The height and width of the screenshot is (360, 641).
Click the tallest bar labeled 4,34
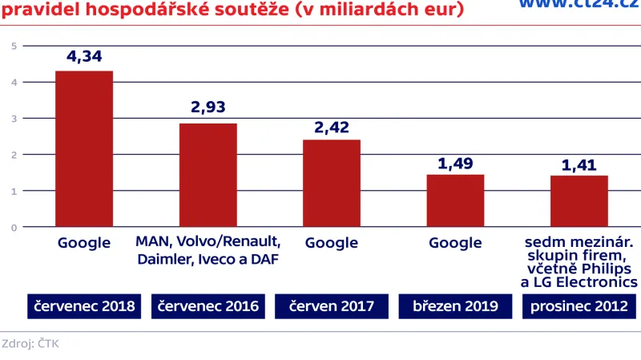[x=84, y=149]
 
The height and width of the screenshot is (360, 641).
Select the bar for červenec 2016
[x=208, y=175]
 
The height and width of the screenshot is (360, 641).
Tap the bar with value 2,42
[x=331, y=183]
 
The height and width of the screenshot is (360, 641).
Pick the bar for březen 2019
[x=455, y=200]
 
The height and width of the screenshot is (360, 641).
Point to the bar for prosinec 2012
[x=579, y=201]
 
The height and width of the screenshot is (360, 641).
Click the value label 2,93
[x=208, y=107]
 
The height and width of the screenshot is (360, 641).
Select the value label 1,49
[x=455, y=163]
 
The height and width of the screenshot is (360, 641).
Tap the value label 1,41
[x=579, y=165]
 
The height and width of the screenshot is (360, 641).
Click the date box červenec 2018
[x=84, y=305]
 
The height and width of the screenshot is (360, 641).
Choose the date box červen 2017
[x=331, y=305]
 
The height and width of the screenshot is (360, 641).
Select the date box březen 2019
[x=455, y=305]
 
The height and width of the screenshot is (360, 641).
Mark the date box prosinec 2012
[x=579, y=305]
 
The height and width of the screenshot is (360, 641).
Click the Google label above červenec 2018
[x=84, y=243]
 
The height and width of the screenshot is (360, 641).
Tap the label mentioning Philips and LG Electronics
[x=579, y=262]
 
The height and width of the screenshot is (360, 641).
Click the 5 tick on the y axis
[x=14, y=46]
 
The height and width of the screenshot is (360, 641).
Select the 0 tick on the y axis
[x=14, y=228]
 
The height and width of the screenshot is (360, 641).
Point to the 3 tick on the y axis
[x=14, y=119]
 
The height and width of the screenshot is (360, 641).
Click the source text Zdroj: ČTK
[x=30, y=343]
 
